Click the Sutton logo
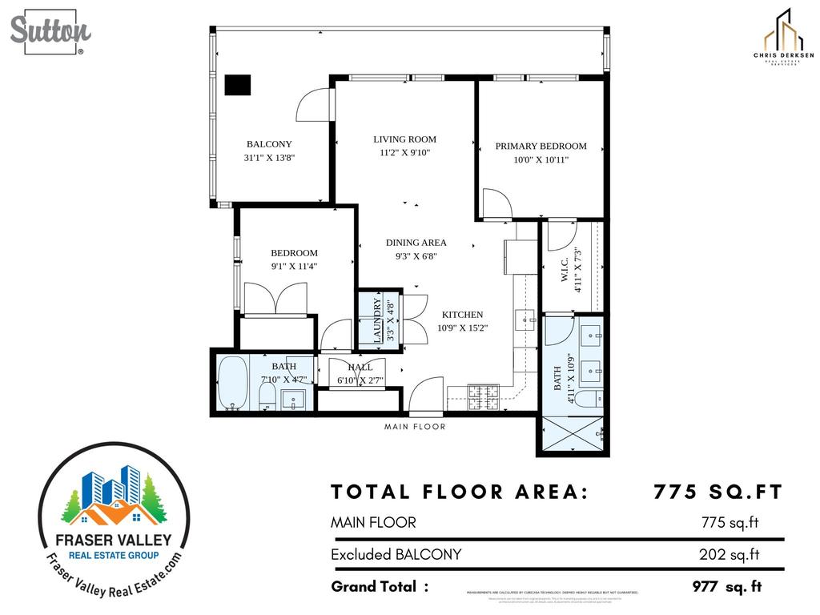coord(50,32)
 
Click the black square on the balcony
coord(238,85)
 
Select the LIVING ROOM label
coord(404,139)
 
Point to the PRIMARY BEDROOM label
coord(541,147)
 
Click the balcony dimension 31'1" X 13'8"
coord(270,159)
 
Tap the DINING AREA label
coord(416,243)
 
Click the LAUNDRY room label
coord(376,320)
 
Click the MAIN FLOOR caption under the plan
coord(415,427)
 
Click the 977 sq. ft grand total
coord(726,587)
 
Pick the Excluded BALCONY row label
coord(396,554)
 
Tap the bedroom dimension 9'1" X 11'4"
coord(294,267)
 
